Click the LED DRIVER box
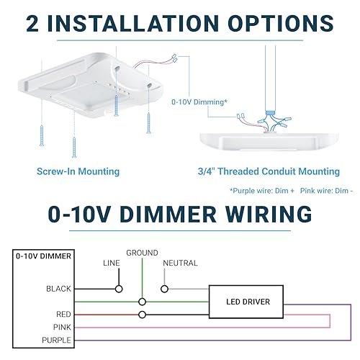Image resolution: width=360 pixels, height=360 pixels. point(246,302)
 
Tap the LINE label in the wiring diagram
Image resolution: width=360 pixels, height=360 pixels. point(112,263)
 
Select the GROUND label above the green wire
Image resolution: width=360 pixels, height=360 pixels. point(142,253)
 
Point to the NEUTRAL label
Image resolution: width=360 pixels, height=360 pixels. point(180,263)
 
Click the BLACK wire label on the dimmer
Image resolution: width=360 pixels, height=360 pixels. point(58,289)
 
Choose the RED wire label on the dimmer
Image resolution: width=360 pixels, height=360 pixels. point(63,314)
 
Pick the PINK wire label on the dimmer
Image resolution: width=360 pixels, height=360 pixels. point(62,327)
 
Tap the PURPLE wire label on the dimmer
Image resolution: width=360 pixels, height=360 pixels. point(57,340)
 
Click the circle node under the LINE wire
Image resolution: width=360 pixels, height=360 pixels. point(119,289)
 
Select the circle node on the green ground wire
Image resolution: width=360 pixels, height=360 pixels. point(143,302)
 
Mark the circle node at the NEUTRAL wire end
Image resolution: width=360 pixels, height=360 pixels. point(164,289)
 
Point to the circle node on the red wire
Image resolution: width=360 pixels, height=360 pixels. point(143,315)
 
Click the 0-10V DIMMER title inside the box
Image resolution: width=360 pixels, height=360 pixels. point(43,256)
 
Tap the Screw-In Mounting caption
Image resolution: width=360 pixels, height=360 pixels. point(78,171)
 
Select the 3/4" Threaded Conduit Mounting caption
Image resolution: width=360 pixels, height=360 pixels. point(269,171)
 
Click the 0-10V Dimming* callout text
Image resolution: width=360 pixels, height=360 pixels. point(199,102)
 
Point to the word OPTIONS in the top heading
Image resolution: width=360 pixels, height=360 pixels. point(281,23)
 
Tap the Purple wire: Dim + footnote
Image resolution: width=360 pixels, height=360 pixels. point(262,191)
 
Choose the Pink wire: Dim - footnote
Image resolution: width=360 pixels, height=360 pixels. point(326,191)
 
